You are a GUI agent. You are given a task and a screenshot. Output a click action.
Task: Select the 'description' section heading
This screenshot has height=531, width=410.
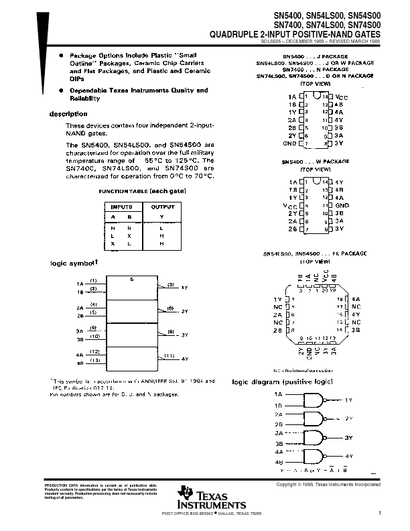click(x=68, y=114)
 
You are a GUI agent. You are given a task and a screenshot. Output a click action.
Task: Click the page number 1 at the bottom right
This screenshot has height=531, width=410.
click(x=379, y=514)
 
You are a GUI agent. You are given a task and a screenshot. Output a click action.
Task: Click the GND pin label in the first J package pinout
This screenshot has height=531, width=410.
click(x=289, y=143)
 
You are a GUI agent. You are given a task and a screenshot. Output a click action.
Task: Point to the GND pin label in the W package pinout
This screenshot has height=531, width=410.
click(x=342, y=206)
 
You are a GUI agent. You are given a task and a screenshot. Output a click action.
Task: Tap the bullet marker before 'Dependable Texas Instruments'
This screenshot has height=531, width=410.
click(x=61, y=91)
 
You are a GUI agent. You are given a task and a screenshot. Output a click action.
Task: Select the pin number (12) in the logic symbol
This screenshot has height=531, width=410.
click(x=94, y=351)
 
